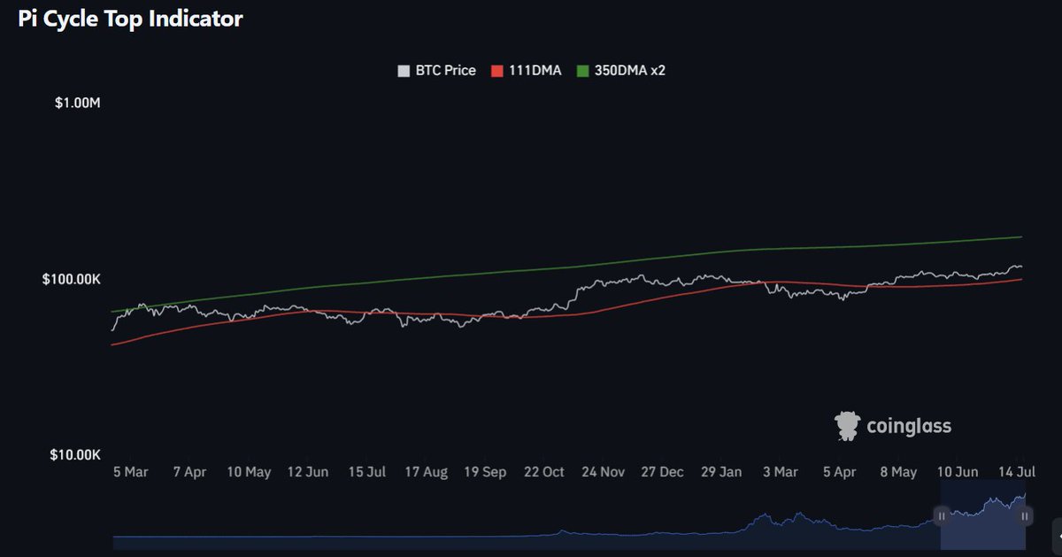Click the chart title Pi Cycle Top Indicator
130,19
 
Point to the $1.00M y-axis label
78,103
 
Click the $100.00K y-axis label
72,279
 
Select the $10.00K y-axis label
75,455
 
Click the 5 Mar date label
130,473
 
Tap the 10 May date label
249,473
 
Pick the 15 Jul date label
367,473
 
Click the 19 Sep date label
485,473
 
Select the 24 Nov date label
604,473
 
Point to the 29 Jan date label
721,473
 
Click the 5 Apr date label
840,473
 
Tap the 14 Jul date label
1018,473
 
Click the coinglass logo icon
847,426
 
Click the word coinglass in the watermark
909,427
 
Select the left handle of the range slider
942,515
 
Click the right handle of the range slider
1024,515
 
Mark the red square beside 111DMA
496,70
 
